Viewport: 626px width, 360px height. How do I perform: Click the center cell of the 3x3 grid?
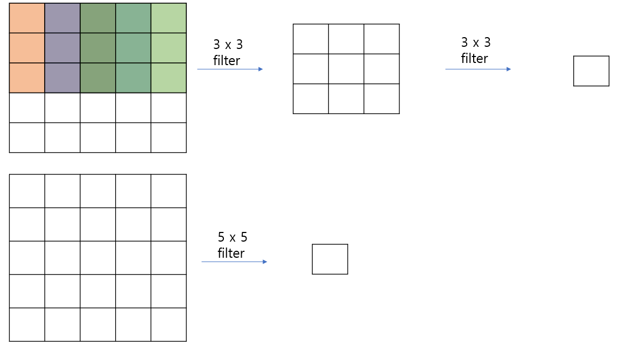pos(346,69)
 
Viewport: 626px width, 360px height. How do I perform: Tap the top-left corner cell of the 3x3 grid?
pos(311,39)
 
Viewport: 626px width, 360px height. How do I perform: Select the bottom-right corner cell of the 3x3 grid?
pos(382,98)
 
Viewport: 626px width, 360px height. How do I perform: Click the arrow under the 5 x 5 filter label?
pos(234,262)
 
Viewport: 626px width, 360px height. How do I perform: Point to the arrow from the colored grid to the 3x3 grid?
pos(230,69)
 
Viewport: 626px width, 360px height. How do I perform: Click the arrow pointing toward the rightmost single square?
pos(478,69)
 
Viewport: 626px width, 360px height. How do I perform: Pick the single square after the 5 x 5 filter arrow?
pos(330,259)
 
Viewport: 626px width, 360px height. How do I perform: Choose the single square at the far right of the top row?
pos(591,71)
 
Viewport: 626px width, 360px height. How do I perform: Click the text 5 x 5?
pos(233,237)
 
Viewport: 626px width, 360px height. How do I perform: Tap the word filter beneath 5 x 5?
pos(231,253)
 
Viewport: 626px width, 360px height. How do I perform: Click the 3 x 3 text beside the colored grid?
pos(228,45)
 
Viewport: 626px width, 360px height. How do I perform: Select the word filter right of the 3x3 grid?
pos(474,58)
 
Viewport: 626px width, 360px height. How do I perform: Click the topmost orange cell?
pos(27,18)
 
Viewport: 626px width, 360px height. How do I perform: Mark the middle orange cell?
pos(27,48)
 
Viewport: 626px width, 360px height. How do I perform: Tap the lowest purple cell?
pos(62,78)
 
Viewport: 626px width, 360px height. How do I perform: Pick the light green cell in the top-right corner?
pos(168,18)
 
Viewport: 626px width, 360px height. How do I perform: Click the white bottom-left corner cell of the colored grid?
pos(27,138)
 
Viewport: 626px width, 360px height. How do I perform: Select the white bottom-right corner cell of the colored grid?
pos(168,138)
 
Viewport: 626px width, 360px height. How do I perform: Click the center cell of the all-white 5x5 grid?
pos(98,258)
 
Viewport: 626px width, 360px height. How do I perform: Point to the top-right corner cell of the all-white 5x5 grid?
pos(168,190)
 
